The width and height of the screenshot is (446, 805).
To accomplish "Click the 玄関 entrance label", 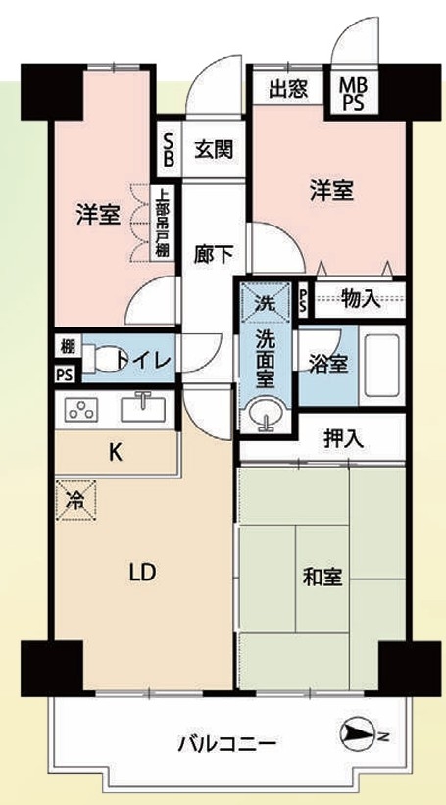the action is pyautogui.click(x=214, y=150).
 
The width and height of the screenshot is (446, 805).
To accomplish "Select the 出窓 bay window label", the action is pyautogui.click(x=288, y=90).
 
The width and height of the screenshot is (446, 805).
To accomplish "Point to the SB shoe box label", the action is pyautogui.click(x=169, y=149).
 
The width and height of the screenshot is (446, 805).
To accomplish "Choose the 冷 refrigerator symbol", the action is pyautogui.click(x=75, y=501).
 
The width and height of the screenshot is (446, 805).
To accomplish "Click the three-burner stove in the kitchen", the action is pyautogui.click(x=81, y=410).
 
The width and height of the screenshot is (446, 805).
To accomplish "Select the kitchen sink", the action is pyautogui.click(x=143, y=408).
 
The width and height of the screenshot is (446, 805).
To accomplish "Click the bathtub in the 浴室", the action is pyautogui.click(x=381, y=365).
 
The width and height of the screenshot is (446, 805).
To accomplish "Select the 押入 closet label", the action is pyautogui.click(x=344, y=438).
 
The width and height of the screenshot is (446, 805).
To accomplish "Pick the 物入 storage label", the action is pyautogui.click(x=362, y=299).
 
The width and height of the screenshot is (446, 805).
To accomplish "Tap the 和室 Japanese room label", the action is pyautogui.click(x=322, y=579).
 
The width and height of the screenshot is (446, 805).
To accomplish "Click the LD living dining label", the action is pyautogui.click(x=142, y=572).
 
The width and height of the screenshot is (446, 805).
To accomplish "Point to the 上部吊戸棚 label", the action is pyautogui.click(x=162, y=222).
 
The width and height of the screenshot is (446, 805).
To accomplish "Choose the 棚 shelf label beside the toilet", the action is pyautogui.click(x=67, y=346).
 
